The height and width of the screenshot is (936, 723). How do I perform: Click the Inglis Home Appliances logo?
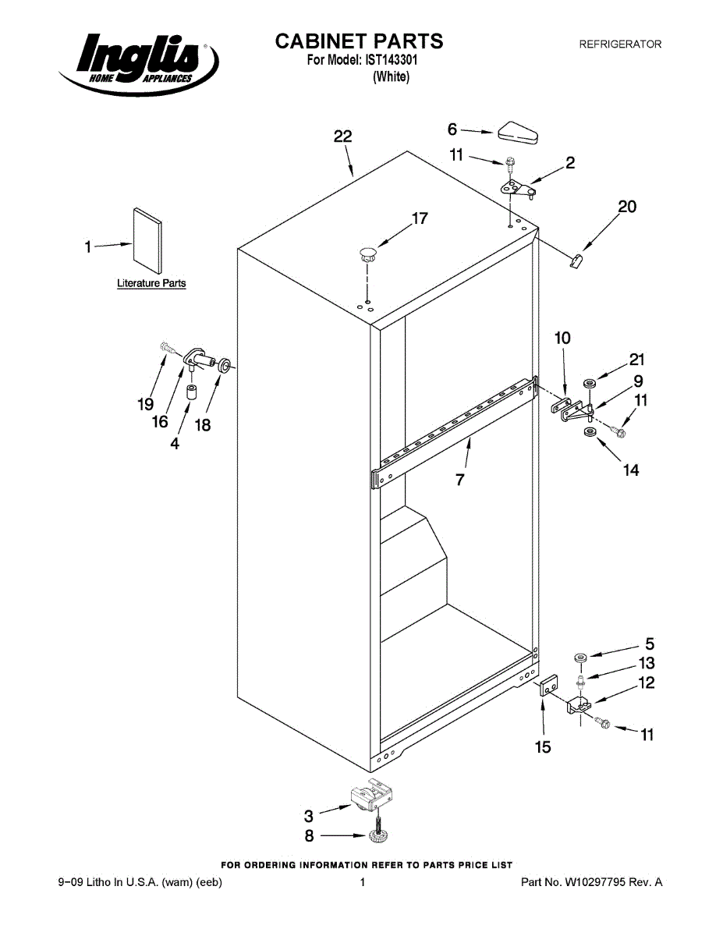point(139,62)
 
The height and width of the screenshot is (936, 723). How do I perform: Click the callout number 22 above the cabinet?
point(342,136)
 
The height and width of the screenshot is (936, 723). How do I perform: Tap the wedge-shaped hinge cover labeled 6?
point(516,133)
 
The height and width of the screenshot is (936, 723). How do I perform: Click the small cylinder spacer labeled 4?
point(191,390)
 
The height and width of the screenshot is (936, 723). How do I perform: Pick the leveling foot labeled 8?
point(380,836)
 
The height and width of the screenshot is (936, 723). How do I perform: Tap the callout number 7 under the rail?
point(460,480)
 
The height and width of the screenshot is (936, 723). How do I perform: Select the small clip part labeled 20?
point(576,260)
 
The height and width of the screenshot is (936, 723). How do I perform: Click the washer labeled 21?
point(590,383)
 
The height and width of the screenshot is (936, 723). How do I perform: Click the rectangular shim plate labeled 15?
point(549,686)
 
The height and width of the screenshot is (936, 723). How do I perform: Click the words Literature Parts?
point(151,283)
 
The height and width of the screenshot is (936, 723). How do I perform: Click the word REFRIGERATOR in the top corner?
point(619,44)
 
